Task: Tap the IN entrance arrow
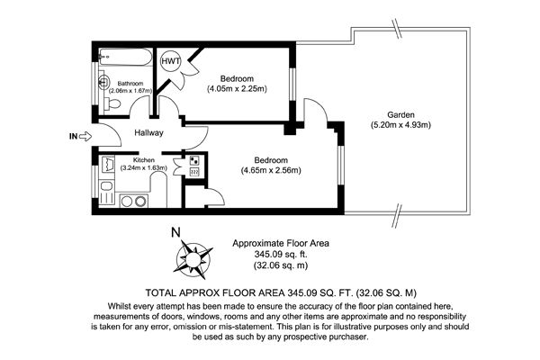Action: click(85, 137)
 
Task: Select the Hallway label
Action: click(148, 132)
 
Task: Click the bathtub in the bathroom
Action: click(125, 57)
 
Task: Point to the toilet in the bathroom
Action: click(112, 103)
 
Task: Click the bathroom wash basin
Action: click(103, 82)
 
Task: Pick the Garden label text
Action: click(400, 114)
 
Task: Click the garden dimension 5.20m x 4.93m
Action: click(400, 125)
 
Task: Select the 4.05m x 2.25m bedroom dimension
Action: click(237, 89)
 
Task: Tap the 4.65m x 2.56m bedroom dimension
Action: click(271, 170)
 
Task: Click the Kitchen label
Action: click(144, 160)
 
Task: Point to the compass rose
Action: click(193, 258)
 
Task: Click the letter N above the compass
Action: click(175, 233)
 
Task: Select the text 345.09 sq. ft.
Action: click(281, 255)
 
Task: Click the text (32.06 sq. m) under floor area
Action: click(281, 265)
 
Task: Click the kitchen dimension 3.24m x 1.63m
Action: click(144, 168)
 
